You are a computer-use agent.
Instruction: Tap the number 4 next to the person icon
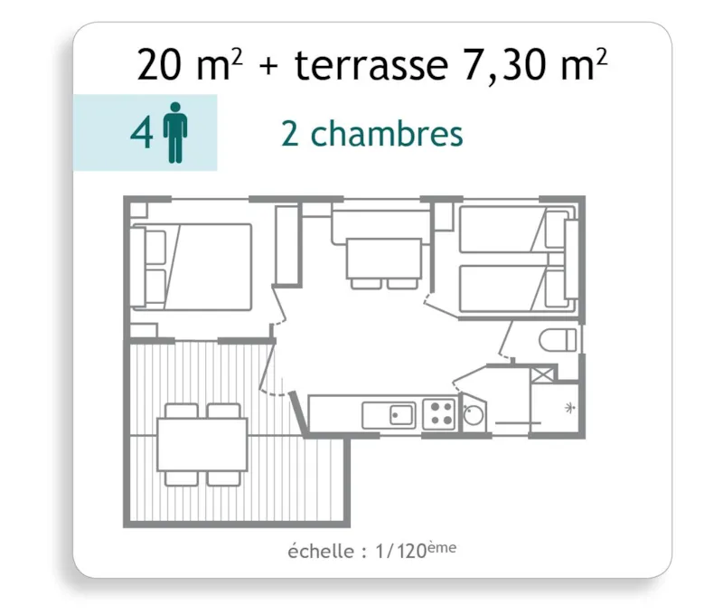(x=141, y=134)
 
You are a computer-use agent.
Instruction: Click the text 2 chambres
(x=372, y=134)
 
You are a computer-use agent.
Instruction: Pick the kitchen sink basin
(x=401, y=415)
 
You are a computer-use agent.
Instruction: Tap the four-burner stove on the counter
(x=440, y=414)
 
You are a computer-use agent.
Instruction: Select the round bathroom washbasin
(x=473, y=417)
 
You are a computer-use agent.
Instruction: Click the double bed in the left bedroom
(x=203, y=266)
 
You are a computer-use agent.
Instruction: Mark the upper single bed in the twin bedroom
(x=506, y=231)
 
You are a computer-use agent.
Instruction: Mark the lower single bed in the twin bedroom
(x=506, y=289)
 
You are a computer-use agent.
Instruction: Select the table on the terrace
(x=202, y=444)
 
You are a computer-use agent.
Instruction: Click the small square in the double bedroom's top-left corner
(x=138, y=210)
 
